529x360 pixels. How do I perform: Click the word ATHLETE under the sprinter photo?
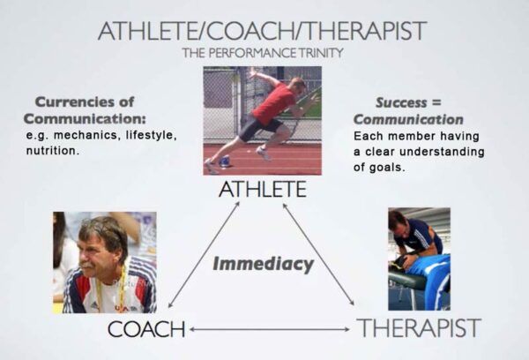point(262,189)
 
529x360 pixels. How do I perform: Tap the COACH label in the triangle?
point(146,329)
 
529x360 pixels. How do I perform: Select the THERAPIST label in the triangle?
point(419,328)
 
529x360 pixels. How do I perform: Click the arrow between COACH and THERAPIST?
point(269,330)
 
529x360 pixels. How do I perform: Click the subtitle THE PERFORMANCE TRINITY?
point(262,53)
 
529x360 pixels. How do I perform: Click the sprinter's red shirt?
point(275,105)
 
